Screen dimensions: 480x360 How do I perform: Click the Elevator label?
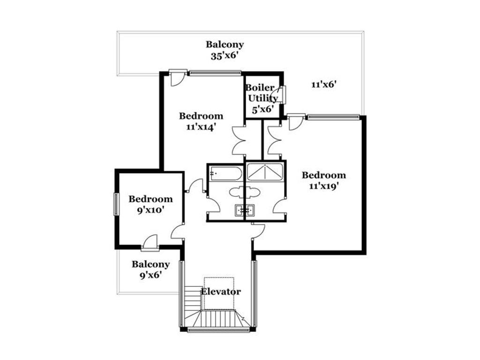coord(221,292)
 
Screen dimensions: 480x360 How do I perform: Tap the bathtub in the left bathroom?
coord(225,173)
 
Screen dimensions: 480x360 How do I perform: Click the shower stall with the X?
coord(265,172)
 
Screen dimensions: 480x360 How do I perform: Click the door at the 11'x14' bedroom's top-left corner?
coord(178,78)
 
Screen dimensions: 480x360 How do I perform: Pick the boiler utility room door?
coord(282,94)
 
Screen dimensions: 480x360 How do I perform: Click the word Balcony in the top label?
coord(225,45)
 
